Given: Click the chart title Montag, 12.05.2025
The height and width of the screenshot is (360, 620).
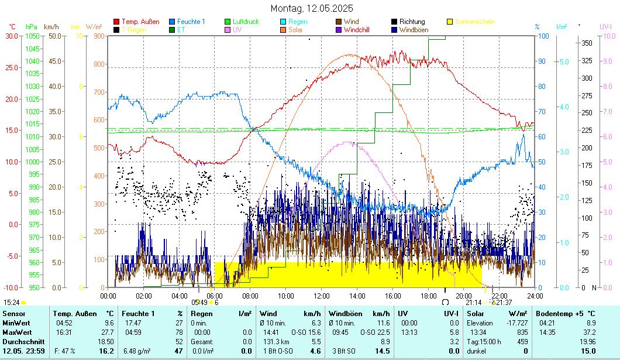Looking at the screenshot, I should [312, 9].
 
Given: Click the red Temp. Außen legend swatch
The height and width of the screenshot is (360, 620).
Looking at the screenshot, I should [116, 22].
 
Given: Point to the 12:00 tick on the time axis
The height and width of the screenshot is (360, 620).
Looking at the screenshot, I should [322, 296].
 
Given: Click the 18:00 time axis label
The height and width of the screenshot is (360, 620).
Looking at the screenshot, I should [428, 296].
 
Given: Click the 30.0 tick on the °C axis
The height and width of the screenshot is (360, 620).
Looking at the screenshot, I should [12, 36].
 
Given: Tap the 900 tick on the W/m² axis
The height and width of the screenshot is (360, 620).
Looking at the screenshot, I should [98, 36].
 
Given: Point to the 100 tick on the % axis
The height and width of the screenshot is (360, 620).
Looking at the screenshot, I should [543, 36].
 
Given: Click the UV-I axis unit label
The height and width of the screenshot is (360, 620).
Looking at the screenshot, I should [605, 26].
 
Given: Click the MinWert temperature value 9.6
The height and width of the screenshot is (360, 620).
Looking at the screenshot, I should [109, 323].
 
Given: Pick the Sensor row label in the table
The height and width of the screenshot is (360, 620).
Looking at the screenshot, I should [13, 314].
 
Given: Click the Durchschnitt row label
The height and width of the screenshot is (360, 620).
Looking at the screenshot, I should [22, 341].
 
